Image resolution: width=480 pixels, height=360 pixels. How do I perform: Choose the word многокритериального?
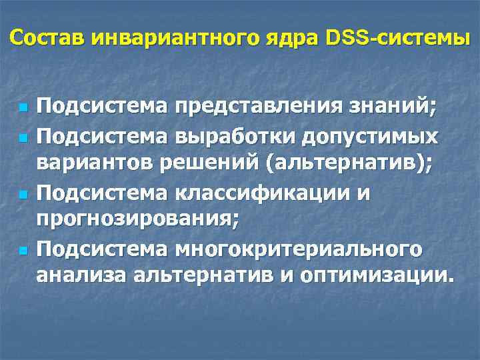[x=297, y=249]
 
